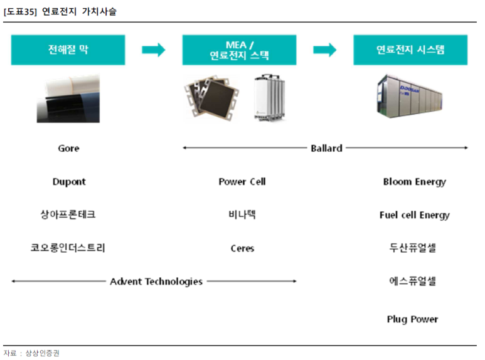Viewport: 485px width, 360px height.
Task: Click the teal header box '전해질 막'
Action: click(x=68, y=50)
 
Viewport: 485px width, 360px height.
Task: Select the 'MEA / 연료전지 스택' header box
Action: click(x=239, y=50)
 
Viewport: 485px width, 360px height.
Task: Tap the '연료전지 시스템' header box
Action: click(x=410, y=50)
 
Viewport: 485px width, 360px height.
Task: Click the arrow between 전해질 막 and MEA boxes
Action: click(x=154, y=50)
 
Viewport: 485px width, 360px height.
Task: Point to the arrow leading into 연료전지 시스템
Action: click(x=325, y=50)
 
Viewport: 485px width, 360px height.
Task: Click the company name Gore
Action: click(x=68, y=149)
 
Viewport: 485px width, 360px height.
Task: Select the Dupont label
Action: click(x=69, y=181)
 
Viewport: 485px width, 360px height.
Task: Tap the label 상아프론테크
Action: click(x=68, y=214)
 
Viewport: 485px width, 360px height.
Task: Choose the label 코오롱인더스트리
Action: click(x=68, y=248)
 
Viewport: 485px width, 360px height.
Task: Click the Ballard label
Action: click(x=326, y=148)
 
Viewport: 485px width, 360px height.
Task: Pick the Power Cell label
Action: click(x=242, y=181)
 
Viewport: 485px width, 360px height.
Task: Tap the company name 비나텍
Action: click(x=242, y=214)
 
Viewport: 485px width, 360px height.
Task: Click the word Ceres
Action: click(x=242, y=248)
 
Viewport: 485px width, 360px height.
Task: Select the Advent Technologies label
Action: click(x=156, y=282)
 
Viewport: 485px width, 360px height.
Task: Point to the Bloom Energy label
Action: click(x=415, y=182)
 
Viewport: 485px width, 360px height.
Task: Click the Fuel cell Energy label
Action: click(x=415, y=215)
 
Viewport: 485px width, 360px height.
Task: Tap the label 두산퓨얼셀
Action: click(x=413, y=248)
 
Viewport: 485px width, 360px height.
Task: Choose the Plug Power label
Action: click(x=412, y=319)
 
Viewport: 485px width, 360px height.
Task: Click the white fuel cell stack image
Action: click(x=269, y=97)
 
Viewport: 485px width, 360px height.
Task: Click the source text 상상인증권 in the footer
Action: click(x=43, y=353)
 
